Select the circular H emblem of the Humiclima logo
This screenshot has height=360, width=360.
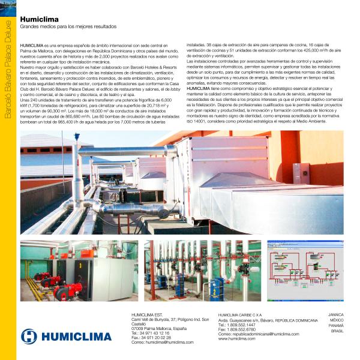click(x=29, y=336)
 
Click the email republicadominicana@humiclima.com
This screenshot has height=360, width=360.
click(x=259, y=334)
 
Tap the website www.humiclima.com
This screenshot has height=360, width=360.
click(x=237, y=338)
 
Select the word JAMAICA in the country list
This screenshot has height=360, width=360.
click(x=337, y=314)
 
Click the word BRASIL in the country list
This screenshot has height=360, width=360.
click(x=337, y=331)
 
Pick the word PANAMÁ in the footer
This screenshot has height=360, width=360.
click(x=337, y=325)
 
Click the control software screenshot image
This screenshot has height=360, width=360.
click(x=305, y=271)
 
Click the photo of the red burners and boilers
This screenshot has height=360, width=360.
click(x=79, y=271)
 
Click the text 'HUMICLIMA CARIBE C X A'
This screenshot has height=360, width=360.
click(x=240, y=314)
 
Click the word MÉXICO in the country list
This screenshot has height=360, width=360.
click(x=337, y=320)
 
